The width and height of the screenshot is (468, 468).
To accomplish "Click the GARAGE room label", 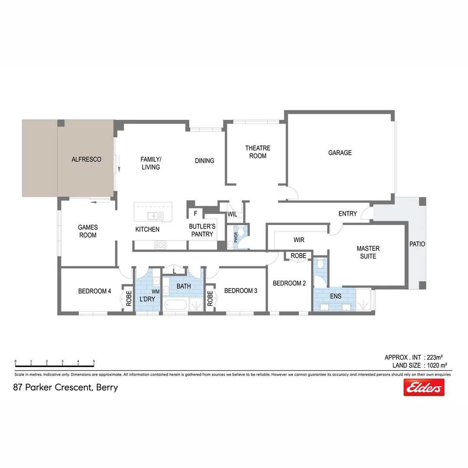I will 340,153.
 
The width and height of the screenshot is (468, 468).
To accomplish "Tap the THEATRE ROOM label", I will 257,152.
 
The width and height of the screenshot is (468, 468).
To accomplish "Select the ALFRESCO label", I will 86,159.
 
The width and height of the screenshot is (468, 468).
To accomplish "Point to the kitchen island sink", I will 155,216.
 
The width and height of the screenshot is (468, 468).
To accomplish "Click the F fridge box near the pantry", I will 195,213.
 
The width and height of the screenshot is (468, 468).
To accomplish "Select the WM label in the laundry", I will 156,292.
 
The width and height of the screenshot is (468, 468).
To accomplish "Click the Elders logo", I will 424,387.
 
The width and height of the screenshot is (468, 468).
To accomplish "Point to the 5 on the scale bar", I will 94,361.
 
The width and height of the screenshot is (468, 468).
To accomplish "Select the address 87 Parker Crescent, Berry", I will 65,387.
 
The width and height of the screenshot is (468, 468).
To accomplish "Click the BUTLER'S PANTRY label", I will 202,230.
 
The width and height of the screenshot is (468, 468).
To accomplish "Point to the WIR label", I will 299,240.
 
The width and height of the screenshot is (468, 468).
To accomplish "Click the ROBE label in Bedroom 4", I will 129,298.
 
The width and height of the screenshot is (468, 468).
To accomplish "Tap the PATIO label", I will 417,244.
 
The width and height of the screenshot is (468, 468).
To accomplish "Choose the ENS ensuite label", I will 335,296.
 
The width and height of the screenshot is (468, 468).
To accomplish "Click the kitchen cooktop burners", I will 160,245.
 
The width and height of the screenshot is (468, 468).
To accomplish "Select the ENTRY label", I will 348,214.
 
